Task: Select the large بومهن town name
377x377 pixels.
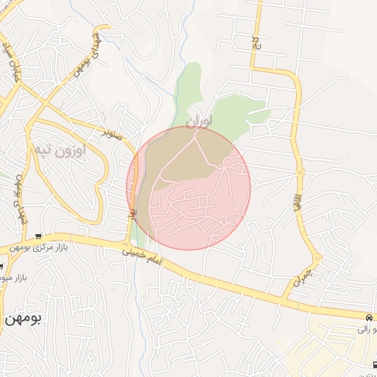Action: pos(24,319)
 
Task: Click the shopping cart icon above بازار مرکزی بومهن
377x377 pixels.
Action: pos(38,236)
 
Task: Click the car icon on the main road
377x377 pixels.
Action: pos(367,317)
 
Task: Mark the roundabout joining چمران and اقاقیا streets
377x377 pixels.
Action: pos(317,260)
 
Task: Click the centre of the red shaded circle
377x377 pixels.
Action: pos(188,188)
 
